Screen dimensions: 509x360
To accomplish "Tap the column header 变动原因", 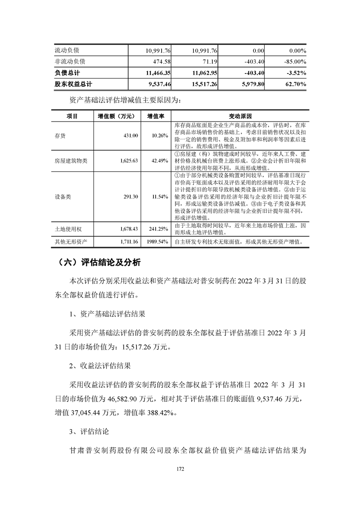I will [238, 116].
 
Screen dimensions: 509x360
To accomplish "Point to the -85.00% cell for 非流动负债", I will [293, 61].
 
